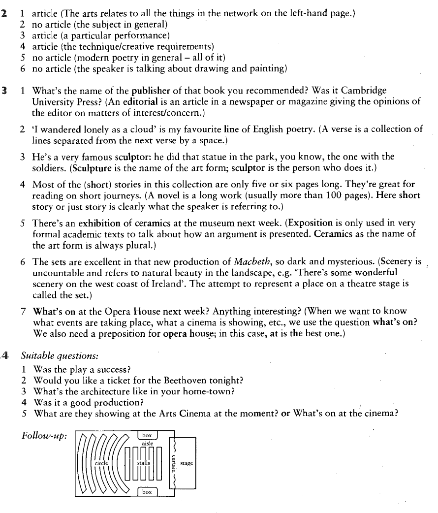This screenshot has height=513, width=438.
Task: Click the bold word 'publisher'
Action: pos(151,91)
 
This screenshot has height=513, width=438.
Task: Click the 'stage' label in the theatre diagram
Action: pos(187,463)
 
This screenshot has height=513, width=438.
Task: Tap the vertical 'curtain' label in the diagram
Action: pos(173,463)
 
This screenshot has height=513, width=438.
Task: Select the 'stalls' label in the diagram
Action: pos(143,463)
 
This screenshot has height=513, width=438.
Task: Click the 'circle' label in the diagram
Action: pos(101,463)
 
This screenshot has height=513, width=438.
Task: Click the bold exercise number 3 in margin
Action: pos(4,91)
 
